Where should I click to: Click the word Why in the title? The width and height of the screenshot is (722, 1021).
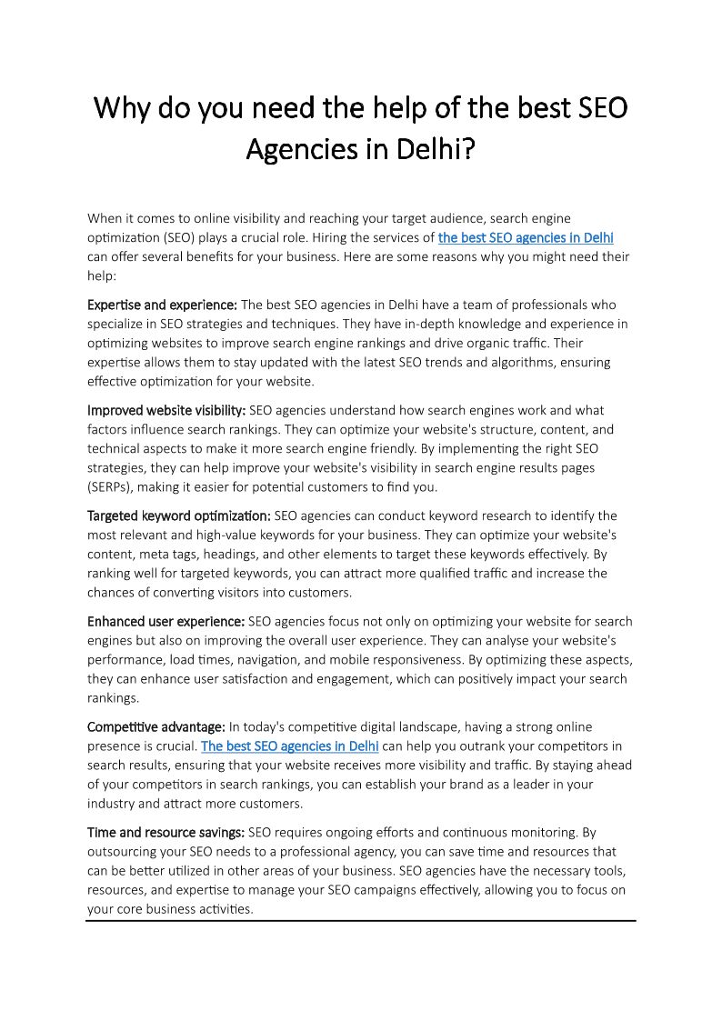(x=123, y=108)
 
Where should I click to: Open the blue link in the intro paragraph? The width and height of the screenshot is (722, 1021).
(x=526, y=237)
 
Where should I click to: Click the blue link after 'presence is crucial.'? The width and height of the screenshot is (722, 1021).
(x=289, y=746)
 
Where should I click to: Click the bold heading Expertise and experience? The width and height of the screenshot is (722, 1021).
(x=162, y=305)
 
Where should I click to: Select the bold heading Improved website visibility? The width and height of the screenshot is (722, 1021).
(x=166, y=410)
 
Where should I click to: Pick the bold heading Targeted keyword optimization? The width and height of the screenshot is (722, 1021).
(x=178, y=516)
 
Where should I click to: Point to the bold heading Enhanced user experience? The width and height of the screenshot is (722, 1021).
(x=165, y=621)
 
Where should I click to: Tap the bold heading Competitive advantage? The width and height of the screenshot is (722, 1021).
(x=156, y=726)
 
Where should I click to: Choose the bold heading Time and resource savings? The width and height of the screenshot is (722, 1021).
(x=165, y=832)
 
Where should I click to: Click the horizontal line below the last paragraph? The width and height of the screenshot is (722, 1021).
(x=361, y=920)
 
